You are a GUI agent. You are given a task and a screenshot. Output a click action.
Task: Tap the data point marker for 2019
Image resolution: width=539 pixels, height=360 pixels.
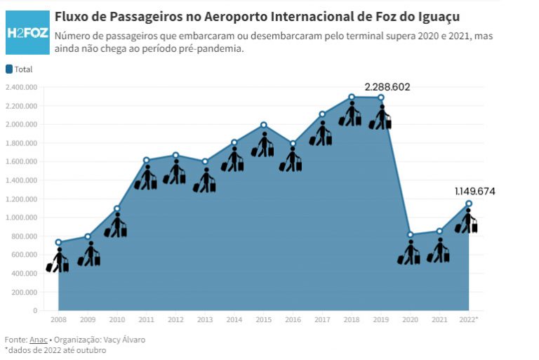click(x=381, y=98)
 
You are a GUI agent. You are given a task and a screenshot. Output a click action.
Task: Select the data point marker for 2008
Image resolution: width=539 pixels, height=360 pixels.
click(x=58, y=242)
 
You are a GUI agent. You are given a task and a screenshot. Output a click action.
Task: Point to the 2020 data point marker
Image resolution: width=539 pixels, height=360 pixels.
click(x=411, y=235)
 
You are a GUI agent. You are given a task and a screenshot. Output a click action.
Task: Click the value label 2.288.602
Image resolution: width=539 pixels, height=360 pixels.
click(x=387, y=87)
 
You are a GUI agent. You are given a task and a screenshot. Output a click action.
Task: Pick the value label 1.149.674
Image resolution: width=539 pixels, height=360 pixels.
click(x=473, y=191)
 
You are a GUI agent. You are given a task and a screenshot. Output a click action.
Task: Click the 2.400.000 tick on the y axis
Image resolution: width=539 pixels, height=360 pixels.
click(x=21, y=88)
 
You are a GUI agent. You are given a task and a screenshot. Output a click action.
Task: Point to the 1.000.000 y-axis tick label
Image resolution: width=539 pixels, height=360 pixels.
click(x=21, y=218)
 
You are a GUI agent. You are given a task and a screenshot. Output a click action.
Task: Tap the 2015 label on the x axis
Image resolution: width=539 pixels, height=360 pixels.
click(x=263, y=320)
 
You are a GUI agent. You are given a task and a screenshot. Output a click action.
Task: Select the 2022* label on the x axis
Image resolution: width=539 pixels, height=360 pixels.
click(x=468, y=320)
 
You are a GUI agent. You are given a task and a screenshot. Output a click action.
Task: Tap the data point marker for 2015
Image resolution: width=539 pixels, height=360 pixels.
click(x=263, y=125)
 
